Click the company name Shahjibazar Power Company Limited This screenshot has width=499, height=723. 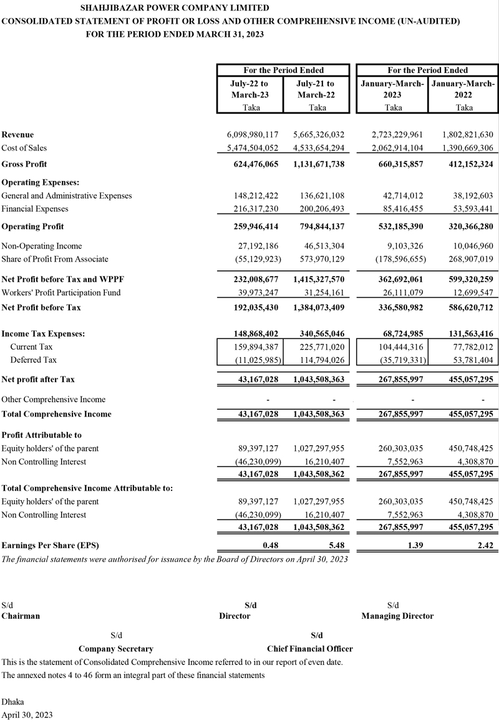(175, 8)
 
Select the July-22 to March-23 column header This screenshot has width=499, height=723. (250, 89)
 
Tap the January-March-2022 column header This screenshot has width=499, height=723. (464, 89)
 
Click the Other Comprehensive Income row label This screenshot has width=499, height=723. (54, 400)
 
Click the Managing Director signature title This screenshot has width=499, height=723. (397, 616)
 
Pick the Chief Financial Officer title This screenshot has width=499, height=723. (309, 649)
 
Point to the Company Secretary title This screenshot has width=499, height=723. (116, 649)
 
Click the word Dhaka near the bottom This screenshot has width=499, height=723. (13, 702)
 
